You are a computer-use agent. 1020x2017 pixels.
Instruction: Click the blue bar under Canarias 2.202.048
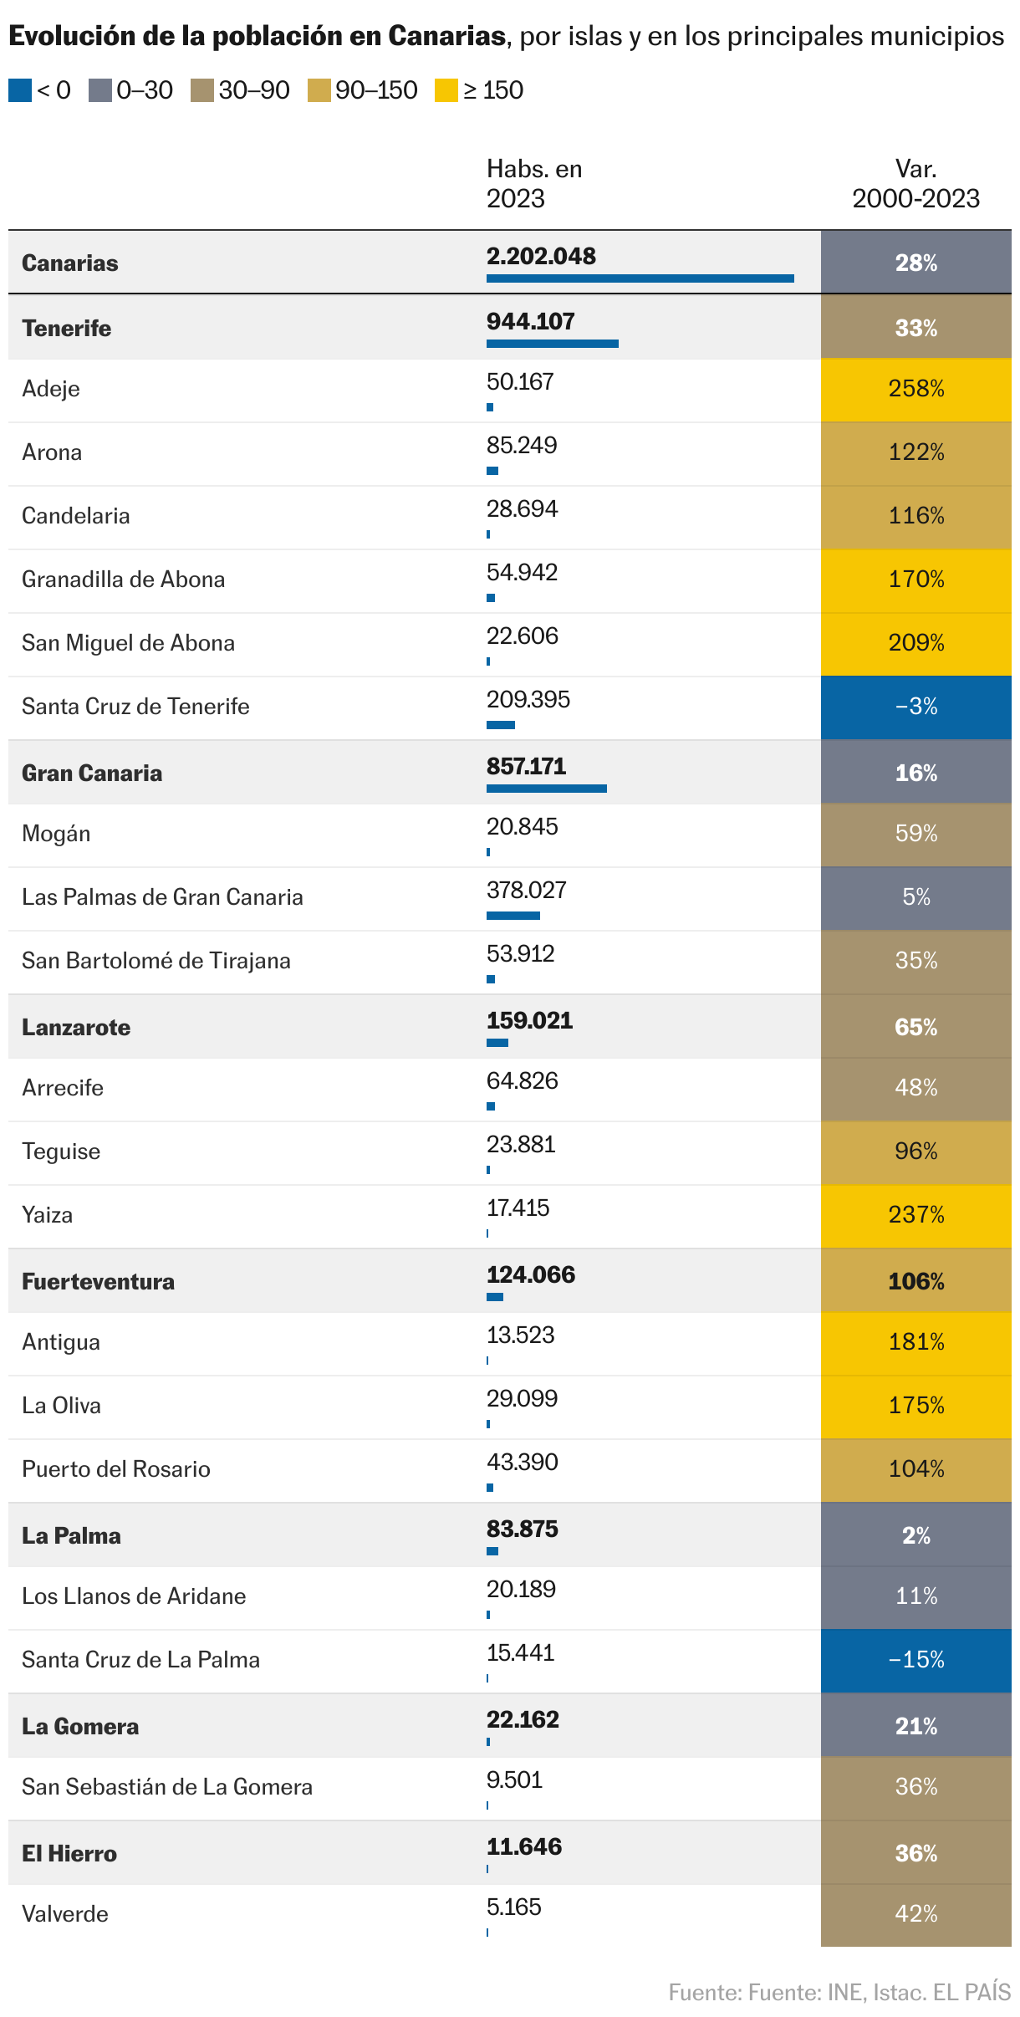(640, 278)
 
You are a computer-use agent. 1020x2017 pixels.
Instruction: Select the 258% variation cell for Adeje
(915, 389)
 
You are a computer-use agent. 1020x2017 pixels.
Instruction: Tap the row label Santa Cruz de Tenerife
(135, 707)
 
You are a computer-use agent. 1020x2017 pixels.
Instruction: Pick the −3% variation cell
(915, 707)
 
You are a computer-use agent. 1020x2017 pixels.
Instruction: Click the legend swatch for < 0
(20, 90)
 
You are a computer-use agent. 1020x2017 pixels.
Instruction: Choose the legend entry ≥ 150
(480, 90)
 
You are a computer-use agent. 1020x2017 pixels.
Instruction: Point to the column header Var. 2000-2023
(915, 184)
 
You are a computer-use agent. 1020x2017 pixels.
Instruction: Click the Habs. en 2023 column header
(534, 184)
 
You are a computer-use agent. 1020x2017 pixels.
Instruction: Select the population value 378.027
(527, 890)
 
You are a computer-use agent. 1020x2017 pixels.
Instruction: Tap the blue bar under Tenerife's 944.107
(552, 344)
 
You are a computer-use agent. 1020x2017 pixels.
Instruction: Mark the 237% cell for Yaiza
(915, 1215)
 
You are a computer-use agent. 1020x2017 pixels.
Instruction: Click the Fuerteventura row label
(98, 1282)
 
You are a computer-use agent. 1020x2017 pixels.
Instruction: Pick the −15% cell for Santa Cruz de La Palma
(915, 1660)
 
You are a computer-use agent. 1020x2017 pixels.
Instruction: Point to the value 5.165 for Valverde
(514, 1907)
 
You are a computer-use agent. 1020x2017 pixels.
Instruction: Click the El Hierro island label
(69, 1854)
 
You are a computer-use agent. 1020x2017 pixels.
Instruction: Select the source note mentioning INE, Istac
(839, 1992)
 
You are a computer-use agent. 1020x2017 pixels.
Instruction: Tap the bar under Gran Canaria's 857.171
(546, 789)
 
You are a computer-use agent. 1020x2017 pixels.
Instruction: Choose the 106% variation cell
(915, 1282)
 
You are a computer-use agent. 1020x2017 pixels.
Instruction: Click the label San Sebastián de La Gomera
(167, 1787)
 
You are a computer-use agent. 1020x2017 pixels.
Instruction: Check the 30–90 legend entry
(241, 90)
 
